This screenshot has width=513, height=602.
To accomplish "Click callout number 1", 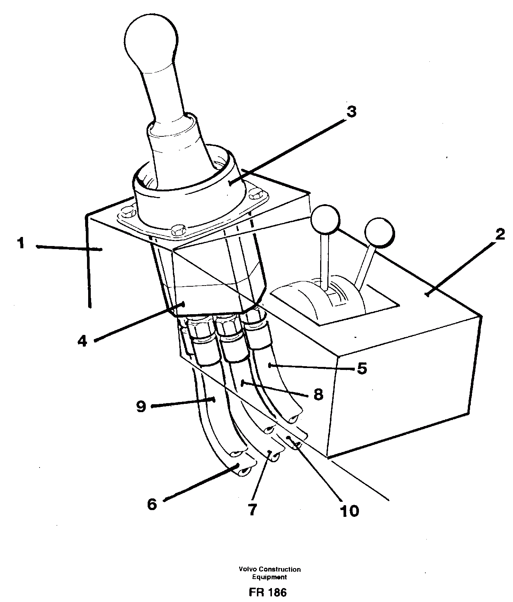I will [x=20, y=243].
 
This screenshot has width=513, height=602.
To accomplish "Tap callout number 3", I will [x=351, y=112].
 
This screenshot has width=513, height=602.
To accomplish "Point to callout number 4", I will [x=82, y=341].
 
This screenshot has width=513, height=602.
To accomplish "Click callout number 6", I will [x=152, y=504].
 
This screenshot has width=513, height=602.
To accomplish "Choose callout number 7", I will [x=252, y=510].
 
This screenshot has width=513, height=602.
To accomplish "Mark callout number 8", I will [x=318, y=394].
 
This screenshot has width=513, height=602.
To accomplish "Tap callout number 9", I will [x=141, y=406].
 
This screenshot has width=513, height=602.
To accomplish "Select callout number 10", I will [x=349, y=511].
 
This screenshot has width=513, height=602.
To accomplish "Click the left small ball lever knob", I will [x=325, y=218].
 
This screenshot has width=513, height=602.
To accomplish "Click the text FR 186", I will [x=268, y=593].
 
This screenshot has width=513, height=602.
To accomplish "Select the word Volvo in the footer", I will [x=247, y=569].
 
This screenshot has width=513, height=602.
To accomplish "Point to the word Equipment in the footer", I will [x=269, y=577].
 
